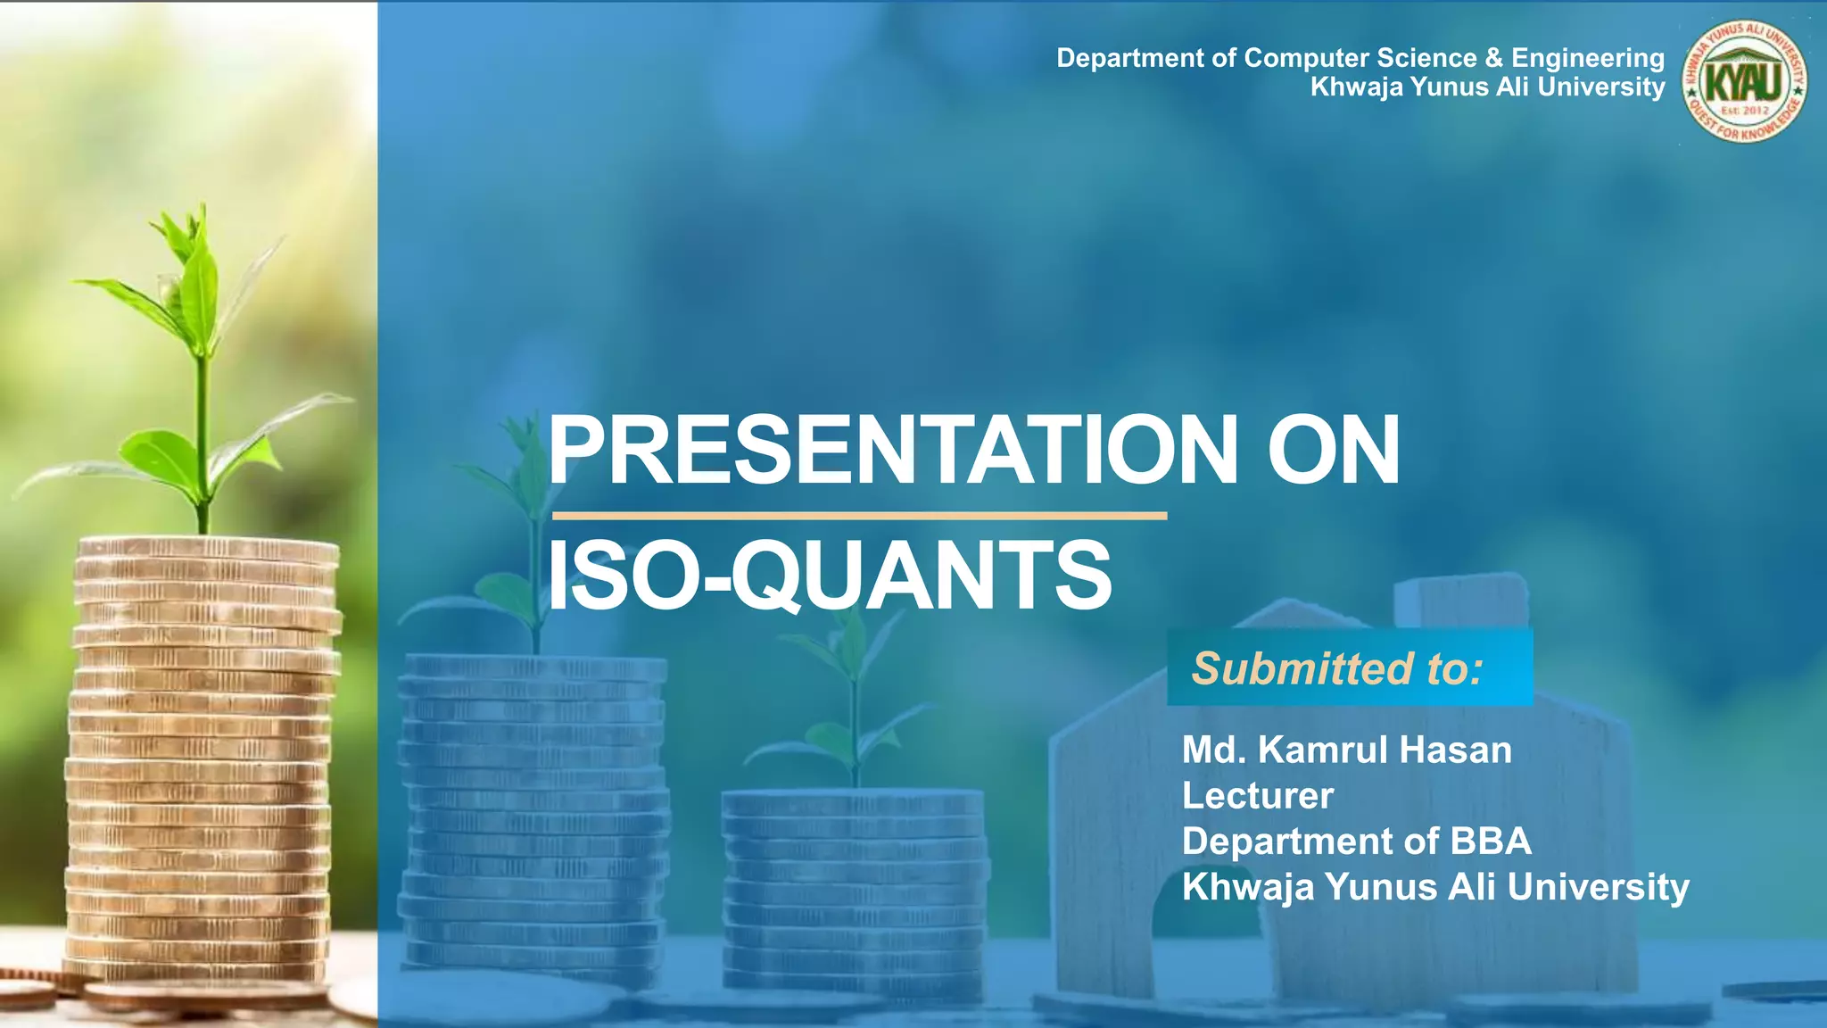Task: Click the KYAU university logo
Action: coord(1744,81)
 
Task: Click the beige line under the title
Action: coord(859,516)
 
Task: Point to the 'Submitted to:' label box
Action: coord(1349,667)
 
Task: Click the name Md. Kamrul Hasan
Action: coord(1346,750)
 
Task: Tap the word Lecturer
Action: coord(1257,795)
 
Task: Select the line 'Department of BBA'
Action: coord(1356,841)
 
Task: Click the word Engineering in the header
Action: coord(1587,58)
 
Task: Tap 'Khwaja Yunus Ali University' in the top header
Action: coord(1487,87)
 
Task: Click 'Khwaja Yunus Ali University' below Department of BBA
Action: coord(1434,887)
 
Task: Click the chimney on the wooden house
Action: coord(1460,602)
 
